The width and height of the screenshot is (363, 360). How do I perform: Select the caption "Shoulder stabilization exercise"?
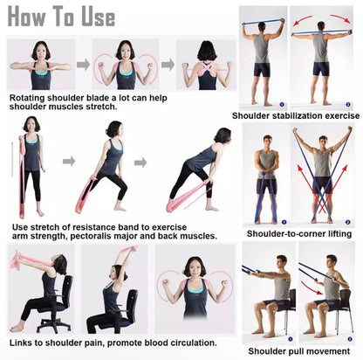click(295, 114)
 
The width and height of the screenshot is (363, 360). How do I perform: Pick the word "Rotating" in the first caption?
click(31, 98)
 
